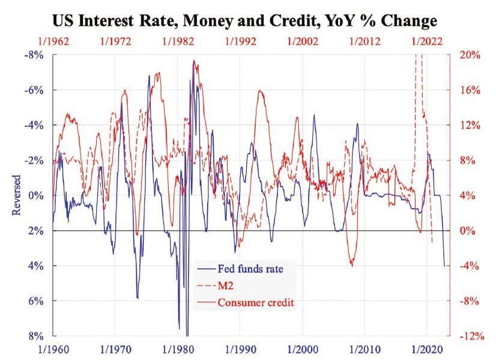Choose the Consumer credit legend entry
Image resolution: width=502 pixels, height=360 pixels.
click(256, 302)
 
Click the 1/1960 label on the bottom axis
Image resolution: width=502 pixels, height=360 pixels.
click(53, 348)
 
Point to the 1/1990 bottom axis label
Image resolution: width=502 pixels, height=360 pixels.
click(240, 348)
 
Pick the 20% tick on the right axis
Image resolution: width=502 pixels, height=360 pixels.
click(470, 55)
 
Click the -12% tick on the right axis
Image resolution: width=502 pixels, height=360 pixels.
click(470, 335)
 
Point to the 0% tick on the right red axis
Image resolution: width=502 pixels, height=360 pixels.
click(467, 230)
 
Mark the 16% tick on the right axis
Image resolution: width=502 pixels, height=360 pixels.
click(470, 90)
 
